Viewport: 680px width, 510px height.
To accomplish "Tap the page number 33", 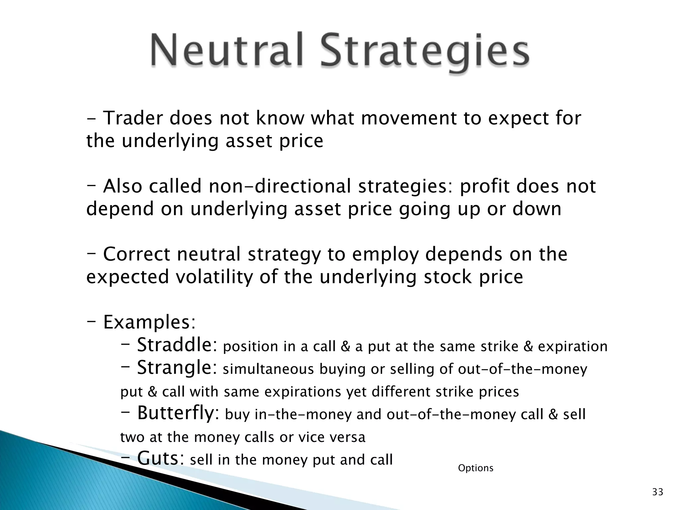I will [658, 492].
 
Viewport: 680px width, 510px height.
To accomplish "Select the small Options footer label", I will [475, 468].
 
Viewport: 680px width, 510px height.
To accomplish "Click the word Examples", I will [149, 322].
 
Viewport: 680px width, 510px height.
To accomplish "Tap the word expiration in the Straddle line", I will [573, 347].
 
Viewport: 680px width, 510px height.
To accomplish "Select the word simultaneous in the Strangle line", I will [268, 369].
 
